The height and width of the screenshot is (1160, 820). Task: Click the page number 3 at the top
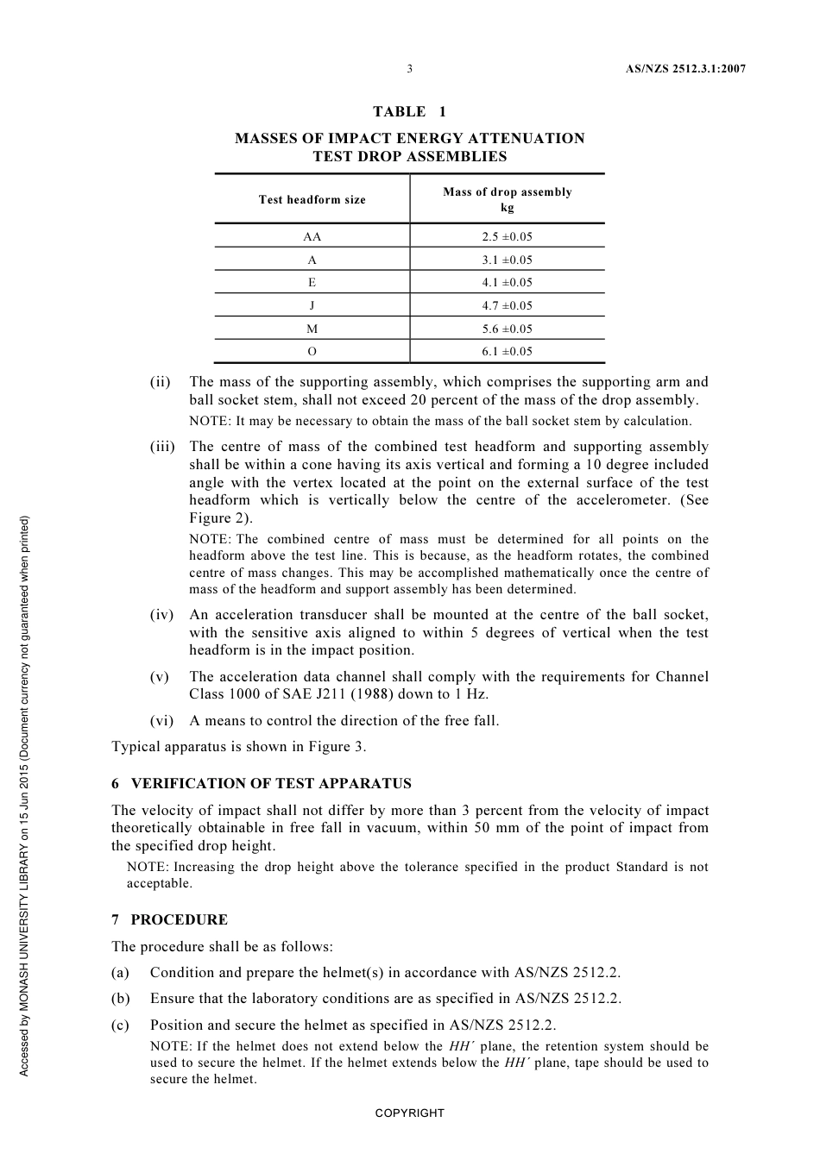click(409, 69)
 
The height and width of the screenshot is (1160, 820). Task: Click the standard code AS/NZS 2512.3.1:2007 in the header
click(685, 69)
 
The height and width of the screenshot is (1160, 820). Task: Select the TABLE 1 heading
click(409, 111)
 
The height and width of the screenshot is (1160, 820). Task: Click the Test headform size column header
click(312, 200)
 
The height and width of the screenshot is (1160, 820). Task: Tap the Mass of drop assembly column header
click(507, 199)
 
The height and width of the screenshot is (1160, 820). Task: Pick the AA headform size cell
click(312, 236)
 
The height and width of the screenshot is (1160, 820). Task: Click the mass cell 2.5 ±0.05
click(507, 236)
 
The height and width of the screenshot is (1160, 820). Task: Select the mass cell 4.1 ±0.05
click(507, 283)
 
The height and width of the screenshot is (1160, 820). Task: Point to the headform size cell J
click(312, 305)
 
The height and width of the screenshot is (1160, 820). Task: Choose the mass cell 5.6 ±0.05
click(507, 329)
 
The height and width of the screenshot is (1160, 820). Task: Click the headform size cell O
click(312, 351)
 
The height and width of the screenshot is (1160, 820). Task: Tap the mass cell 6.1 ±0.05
click(507, 351)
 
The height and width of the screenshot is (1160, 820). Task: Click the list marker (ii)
click(161, 382)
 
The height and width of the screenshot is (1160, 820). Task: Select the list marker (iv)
click(161, 615)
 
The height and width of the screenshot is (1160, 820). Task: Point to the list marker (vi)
click(161, 721)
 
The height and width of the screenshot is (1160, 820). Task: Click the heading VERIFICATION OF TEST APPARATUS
click(271, 784)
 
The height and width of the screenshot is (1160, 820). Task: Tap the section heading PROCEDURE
click(180, 920)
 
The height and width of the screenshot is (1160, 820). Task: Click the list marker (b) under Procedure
click(121, 999)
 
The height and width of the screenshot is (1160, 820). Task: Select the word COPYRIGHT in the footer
click(409, 1113)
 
